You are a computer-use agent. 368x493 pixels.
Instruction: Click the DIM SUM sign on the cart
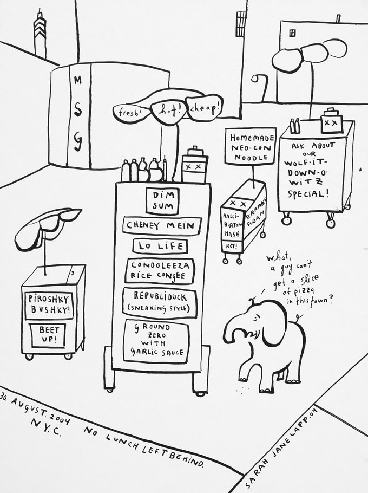coord(162,200)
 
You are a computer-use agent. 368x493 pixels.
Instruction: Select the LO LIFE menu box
coord(161,246)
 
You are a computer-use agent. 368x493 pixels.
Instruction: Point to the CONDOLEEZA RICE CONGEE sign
coord(160,270)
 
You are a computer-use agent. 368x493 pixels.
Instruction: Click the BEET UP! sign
coord(49,335)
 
